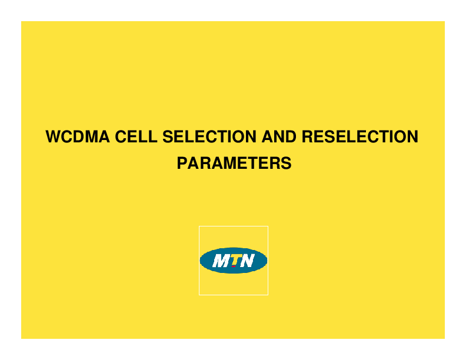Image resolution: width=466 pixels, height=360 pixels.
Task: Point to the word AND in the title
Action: (x=279, y=137)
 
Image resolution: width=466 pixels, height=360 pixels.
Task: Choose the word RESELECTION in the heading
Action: (x=360, y=137)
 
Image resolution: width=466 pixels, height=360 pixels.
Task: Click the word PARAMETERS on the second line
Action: (x=234, y=163)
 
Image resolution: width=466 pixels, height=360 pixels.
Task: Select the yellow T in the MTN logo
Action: (x=234, y=259)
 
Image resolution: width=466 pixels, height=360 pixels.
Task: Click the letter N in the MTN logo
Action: (x=247, y=261)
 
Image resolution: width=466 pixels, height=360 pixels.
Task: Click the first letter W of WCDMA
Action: (x=54, y=137)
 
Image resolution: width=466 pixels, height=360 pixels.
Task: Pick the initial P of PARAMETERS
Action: (x=182, y=163)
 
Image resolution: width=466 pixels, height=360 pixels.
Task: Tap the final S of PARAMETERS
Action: (x=287, y=163)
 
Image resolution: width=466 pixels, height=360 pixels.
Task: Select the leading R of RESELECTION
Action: (x=307, y=137)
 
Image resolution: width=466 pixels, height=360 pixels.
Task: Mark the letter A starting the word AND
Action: (x=267, y=137)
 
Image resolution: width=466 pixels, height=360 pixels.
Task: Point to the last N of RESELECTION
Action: (x=412, y=137)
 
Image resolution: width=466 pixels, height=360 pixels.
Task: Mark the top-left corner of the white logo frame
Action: (x=199, y=226)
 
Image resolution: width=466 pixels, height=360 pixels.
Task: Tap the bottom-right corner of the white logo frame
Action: (x=268, y=294)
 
